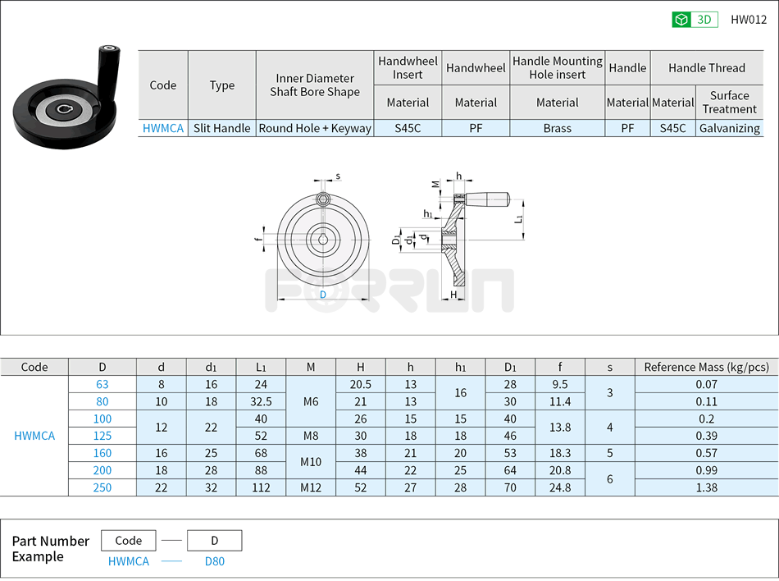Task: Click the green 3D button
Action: [695, 20]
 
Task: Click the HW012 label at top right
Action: [748, 20]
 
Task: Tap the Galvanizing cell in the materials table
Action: [729, 128]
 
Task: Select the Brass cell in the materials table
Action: [557, 128]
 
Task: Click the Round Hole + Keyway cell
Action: [315, 128]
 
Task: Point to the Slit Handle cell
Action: [221, 128]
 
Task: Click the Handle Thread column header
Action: [706, 68]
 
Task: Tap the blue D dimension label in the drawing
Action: [322, 295]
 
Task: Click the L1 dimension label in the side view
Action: [520, 219]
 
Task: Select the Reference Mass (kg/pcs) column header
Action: [706, 367]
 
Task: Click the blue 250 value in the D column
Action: [102, 487]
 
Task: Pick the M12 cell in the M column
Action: [311, 487]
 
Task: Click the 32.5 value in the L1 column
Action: [261, 401]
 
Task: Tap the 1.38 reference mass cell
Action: [706, 487]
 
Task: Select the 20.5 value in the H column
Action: [361, 384]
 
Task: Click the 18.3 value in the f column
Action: [560, 453]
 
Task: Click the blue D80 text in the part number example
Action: [214, 561]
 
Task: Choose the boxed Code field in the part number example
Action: [129, 541]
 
